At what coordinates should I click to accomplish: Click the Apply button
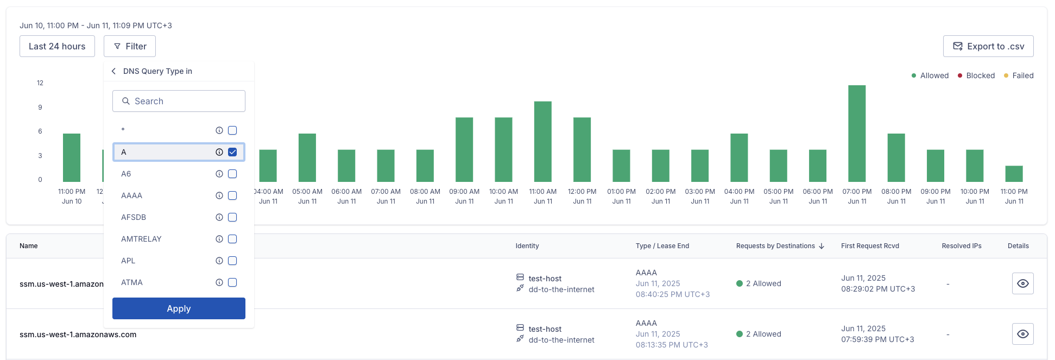coord(179,308)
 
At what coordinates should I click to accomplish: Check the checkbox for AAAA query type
coord(232,195)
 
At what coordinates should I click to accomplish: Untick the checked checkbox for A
coord(232,152)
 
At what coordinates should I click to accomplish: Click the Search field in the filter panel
coord(179,101)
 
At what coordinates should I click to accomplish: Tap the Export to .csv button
coord(988,46)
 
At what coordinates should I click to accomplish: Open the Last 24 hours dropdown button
coord(57,46)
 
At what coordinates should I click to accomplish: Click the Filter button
coord(130,46)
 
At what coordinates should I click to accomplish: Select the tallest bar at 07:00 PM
coord(857,134)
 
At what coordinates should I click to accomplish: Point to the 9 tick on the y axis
coord(40,108)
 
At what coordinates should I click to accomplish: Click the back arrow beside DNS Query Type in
coord(113,71)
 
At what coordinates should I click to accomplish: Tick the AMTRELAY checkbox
coord(232,239)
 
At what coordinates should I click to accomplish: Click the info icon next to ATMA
coord(219,282)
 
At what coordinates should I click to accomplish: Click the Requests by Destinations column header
coord(775,246)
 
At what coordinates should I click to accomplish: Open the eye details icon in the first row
coord(1022,283)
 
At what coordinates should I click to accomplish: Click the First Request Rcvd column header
coord(870,246)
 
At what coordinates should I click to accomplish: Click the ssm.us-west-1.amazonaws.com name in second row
coord(78,334)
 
